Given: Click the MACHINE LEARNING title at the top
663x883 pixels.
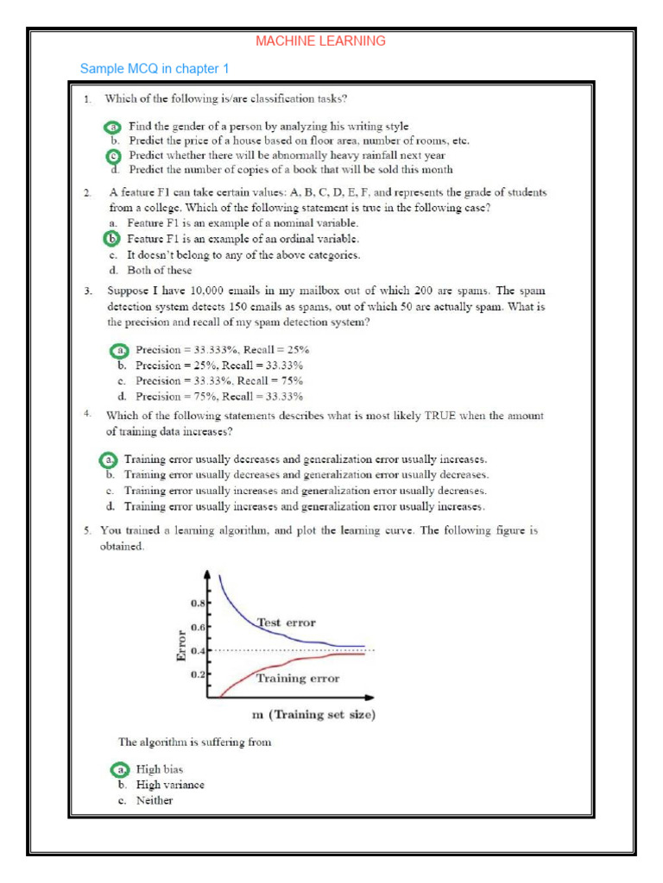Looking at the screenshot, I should [x=320, y=41].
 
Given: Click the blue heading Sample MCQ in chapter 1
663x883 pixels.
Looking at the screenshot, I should [x=155, y=68].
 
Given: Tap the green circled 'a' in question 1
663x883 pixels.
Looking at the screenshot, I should [x=113, y=126].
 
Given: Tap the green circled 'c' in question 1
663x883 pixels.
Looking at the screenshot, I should [x=113, y=155].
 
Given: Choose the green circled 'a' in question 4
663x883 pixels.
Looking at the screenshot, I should [x=109, y=459].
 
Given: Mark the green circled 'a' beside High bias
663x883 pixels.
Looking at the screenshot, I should [x=122, y=768].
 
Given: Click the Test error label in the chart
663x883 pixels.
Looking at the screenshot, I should [x=287, y=622].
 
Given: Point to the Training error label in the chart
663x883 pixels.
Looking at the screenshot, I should [x=298, y=678].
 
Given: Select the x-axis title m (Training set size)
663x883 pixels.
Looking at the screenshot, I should [x=313, y=714].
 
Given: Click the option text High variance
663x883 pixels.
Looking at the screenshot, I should [x=171, y=785].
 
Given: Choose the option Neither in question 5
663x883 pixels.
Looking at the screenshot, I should [x=155, y=800].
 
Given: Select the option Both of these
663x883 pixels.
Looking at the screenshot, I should [x=160, y=270].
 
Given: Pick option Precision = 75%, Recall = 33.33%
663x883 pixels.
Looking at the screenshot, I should [x=220, y=397].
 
